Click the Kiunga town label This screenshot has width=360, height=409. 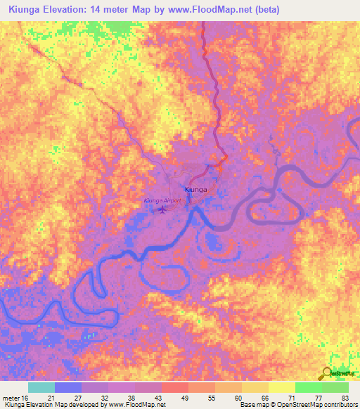[195, 190]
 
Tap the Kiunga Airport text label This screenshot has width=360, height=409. [162, 200]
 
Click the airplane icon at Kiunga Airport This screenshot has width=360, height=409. [163, 209]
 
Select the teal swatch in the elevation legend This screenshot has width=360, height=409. [41, 387]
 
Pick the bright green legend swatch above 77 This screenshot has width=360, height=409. [309, 387]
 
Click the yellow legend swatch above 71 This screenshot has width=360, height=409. [282, 387]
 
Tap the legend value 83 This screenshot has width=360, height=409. [345, 398]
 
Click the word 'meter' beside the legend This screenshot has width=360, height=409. [9, 398]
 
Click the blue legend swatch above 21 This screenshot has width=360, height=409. [68, 387]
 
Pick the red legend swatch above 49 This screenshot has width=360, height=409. [175, 387]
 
